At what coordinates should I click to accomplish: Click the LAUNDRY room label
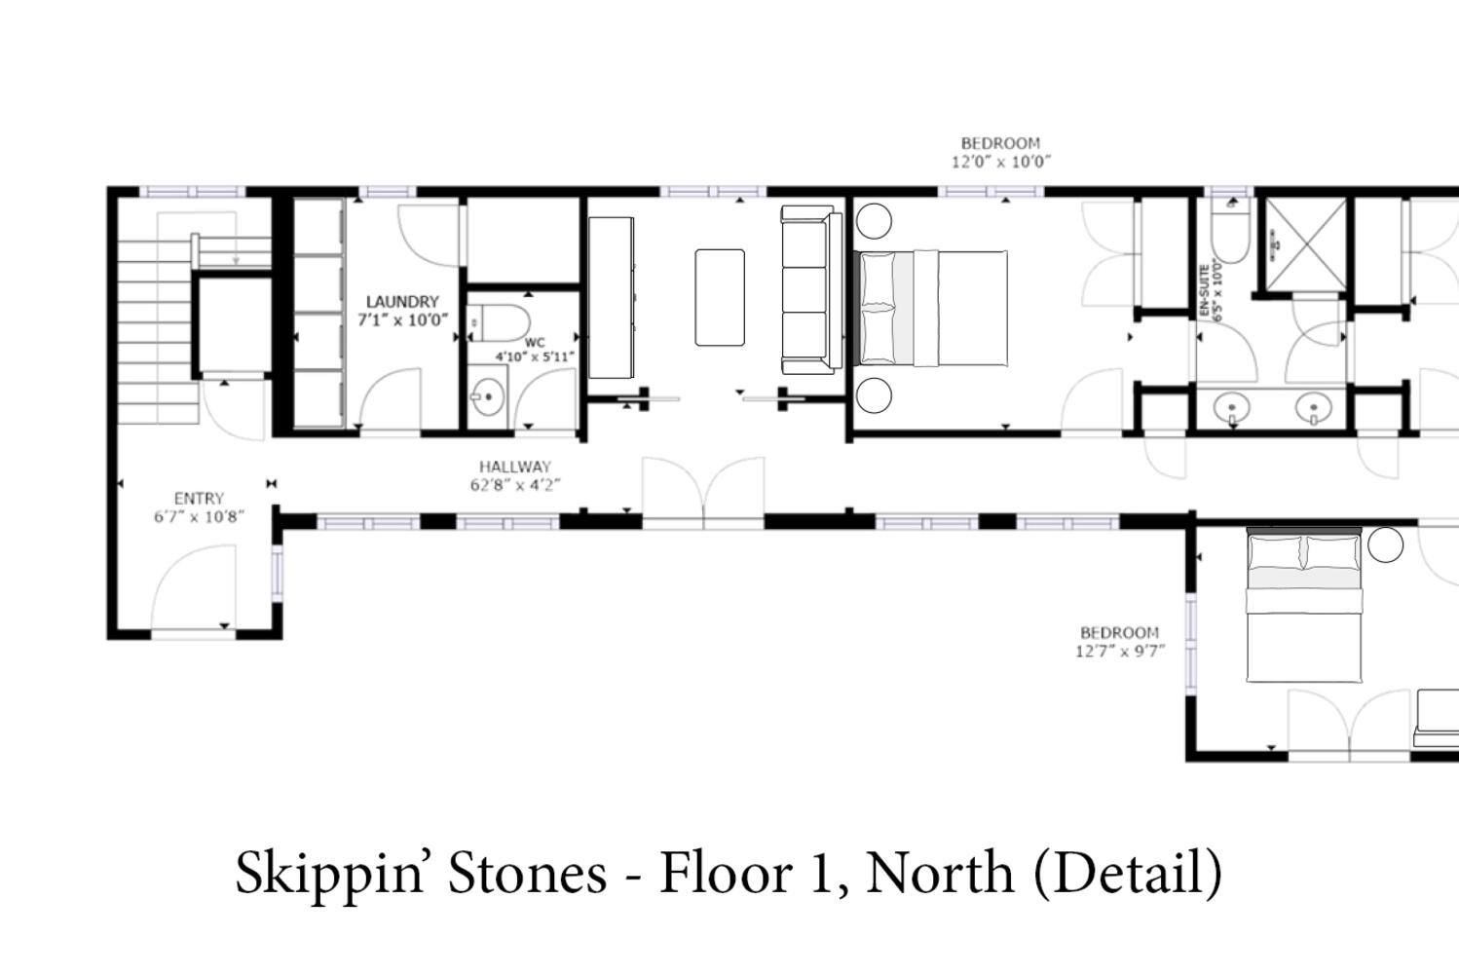tap(402, 302)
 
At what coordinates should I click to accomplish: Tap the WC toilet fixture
tap(500, 322)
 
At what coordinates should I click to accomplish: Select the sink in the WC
tap(487, 396)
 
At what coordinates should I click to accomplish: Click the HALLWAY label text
tap(514, 467)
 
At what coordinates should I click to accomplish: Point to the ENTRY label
tap(199, 499)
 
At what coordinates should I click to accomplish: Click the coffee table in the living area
tap(719, 297)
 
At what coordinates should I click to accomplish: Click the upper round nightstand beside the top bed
tap(874, 221)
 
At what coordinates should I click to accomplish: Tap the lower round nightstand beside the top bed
tap(874, 394)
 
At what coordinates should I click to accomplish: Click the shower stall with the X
tap(1306, 245)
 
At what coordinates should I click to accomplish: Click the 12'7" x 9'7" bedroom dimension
tap(1120, 651)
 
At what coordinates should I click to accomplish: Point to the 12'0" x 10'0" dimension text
tap(1001, 162)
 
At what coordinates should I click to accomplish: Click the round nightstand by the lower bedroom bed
tap(1385, 544)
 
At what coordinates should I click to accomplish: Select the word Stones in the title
tap(528, 873)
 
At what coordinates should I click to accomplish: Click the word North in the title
tap(940, 873)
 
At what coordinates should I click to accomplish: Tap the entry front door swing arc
tap(170, 566)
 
